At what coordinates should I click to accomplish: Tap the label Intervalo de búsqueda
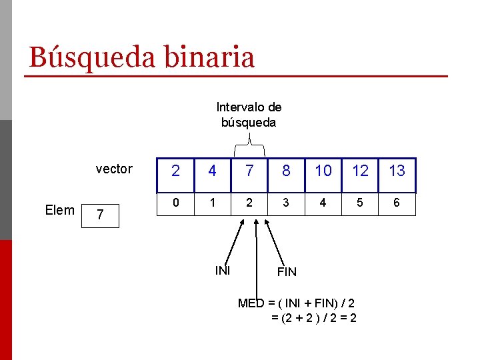(249, 115)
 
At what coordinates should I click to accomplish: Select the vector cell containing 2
(175, 171)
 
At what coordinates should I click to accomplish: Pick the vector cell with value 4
(212, 171)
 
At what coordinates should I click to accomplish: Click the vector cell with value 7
(249, 171)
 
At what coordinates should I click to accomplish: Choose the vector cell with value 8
(286, 171)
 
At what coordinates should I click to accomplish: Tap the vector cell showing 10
(323, 171)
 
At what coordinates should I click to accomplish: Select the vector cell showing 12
(360, 171)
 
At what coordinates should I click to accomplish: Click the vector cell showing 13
(397, 171)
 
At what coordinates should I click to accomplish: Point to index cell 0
(175, 203)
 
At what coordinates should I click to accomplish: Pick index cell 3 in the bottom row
(286, 203)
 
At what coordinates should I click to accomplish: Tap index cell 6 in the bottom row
(397, 203)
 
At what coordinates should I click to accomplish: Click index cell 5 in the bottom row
(360, 203)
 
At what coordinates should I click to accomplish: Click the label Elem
(60, 210)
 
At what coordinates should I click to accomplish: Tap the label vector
(114, 169)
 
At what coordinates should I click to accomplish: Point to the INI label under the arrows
(223, 270)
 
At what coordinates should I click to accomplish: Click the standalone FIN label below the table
(287, 272)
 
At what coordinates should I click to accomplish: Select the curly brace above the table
(249, 143)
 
